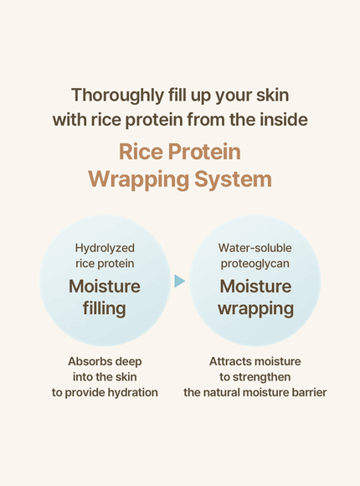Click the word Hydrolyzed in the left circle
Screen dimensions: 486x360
click(105, 248)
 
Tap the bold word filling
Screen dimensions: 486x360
click(105, 308)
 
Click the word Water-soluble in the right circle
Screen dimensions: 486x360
click(255, 248)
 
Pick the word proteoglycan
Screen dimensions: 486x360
click(255, 264)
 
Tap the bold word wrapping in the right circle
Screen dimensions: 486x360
click(255, 308)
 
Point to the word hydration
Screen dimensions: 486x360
click(128, 392)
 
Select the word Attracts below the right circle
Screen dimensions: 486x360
click(231, 361)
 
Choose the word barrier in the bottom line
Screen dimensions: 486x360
click(306, 392)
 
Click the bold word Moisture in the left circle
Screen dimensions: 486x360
click(105, 286)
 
